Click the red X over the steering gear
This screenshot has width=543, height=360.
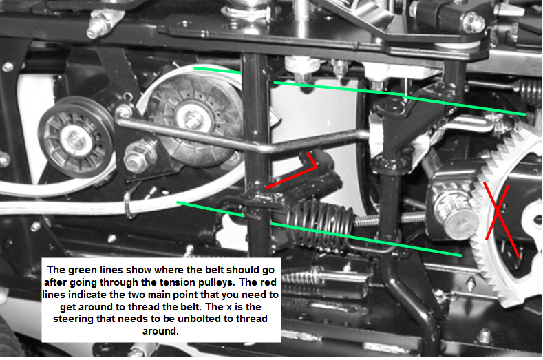(498, 211)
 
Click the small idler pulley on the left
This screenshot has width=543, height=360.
(76, 137)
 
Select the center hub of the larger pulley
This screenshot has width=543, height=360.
(191, 116)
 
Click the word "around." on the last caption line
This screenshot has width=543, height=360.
(160, 331)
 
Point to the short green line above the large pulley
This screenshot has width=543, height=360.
(217, 70)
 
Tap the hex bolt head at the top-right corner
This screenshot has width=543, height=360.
(473, 22)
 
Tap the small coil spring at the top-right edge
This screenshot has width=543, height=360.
(530, 92)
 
